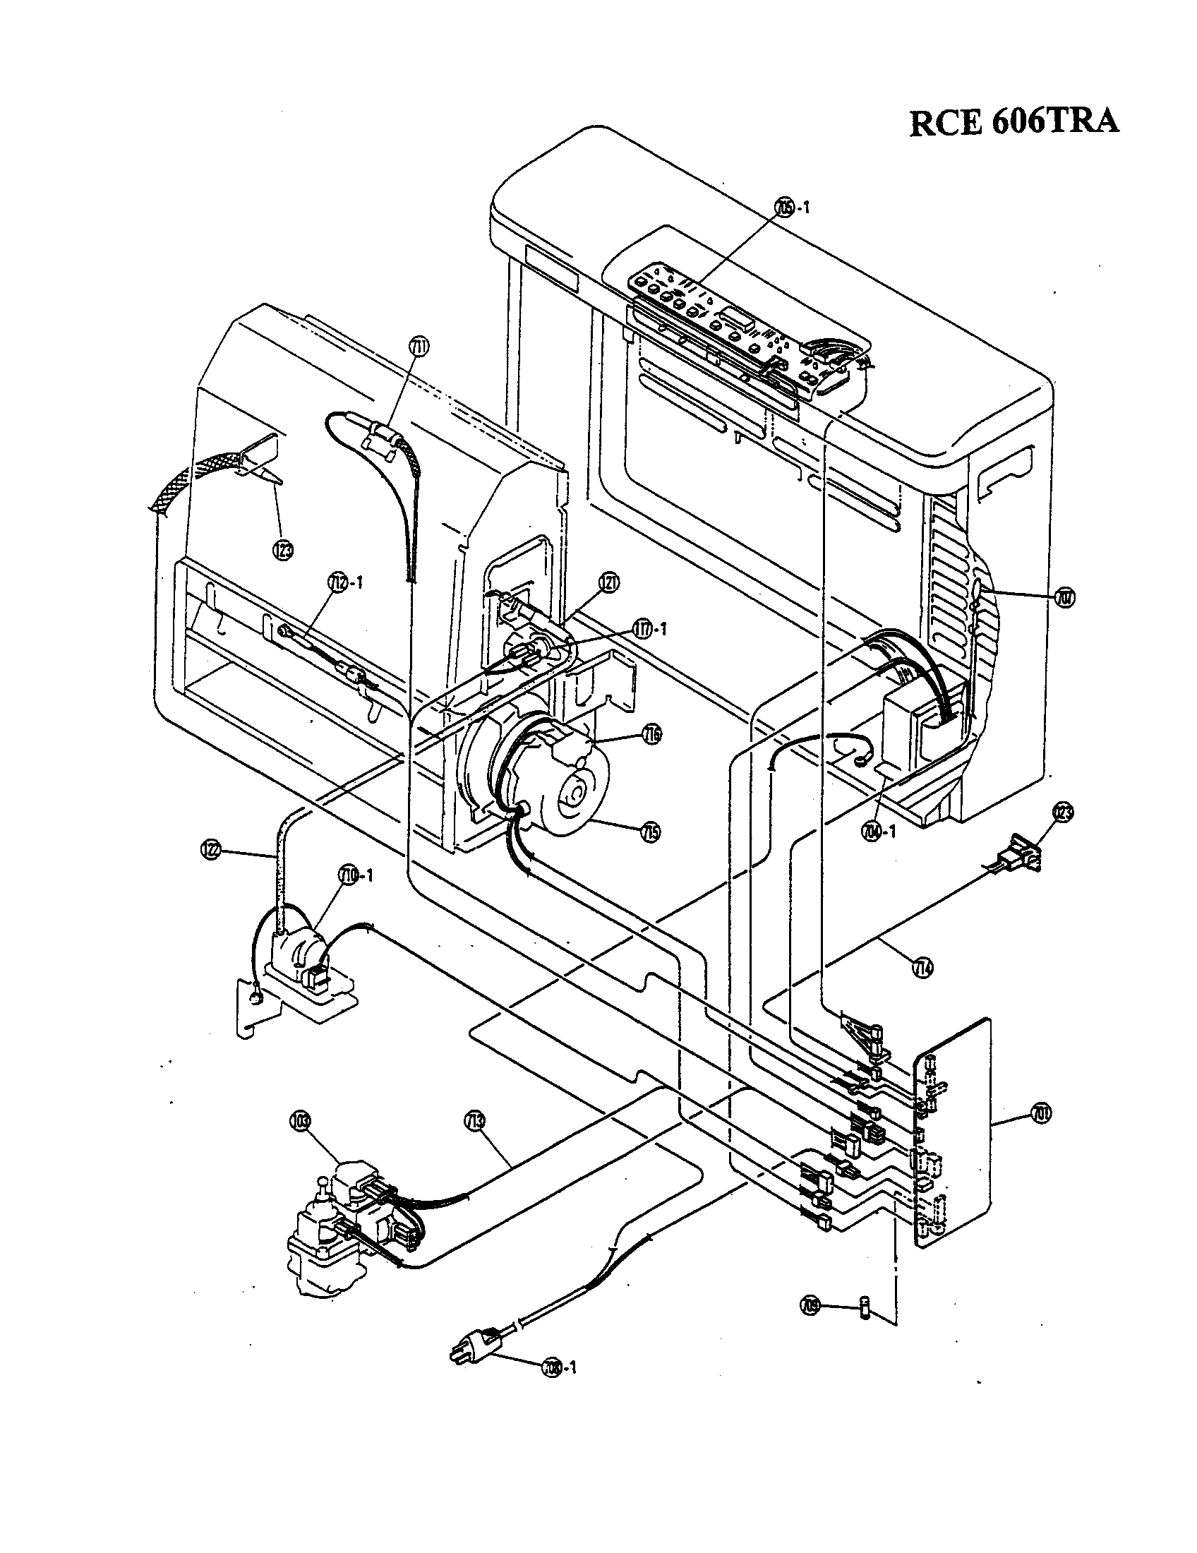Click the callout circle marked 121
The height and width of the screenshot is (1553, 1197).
click(x=608, y=582)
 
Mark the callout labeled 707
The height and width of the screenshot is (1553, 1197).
click(x=1065, y=596)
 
